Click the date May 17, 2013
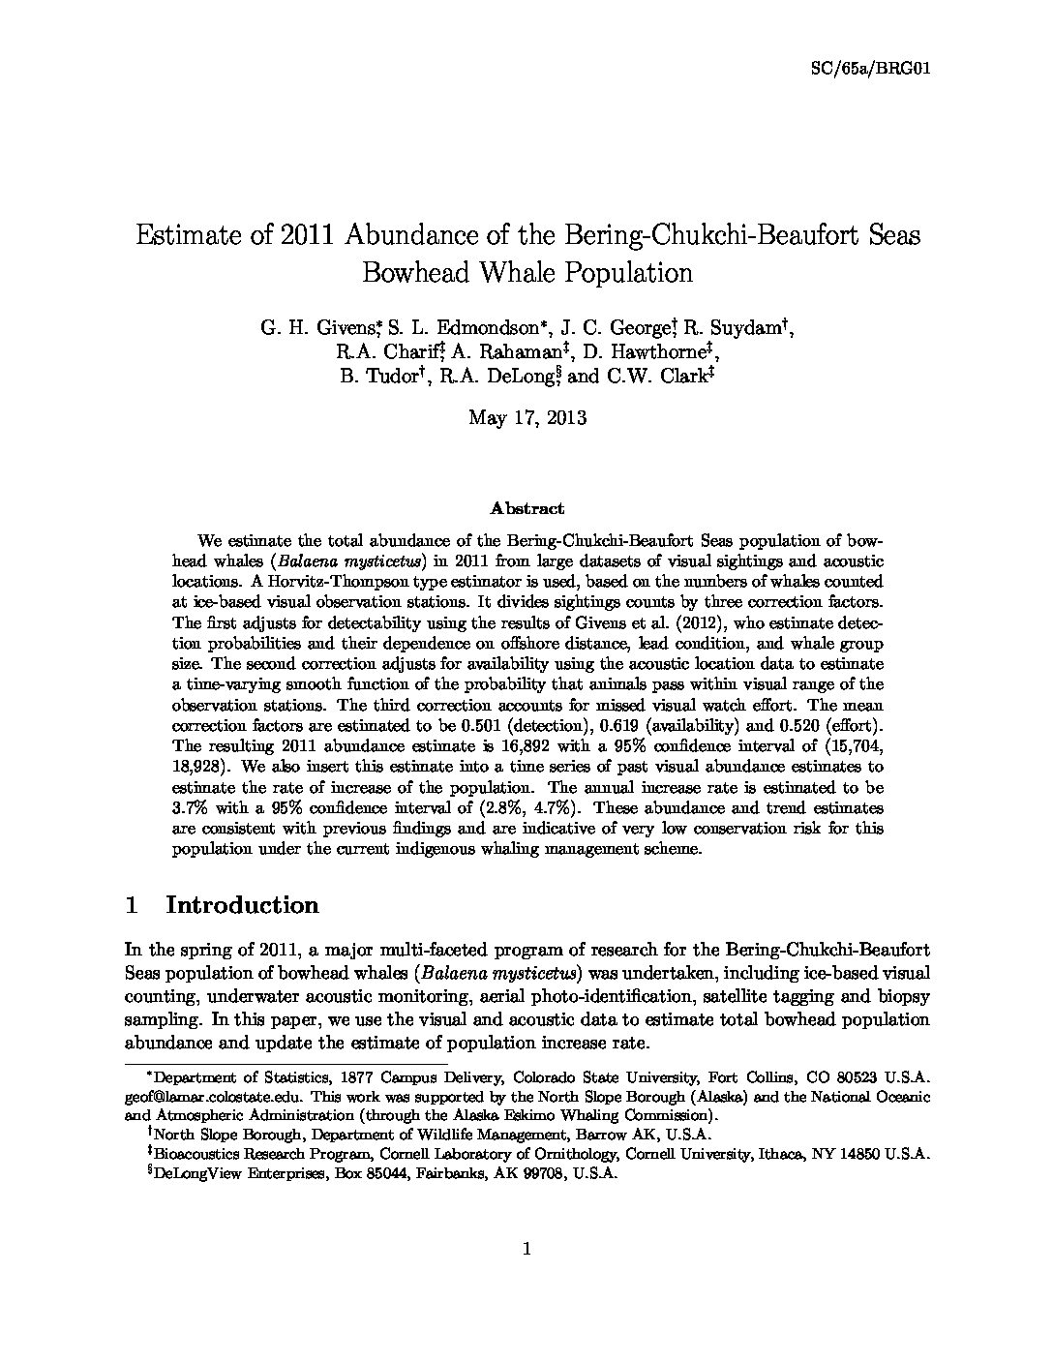526,417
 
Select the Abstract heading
526,507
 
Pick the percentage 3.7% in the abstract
189,807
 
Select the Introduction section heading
242,905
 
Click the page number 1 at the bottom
526,1250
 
